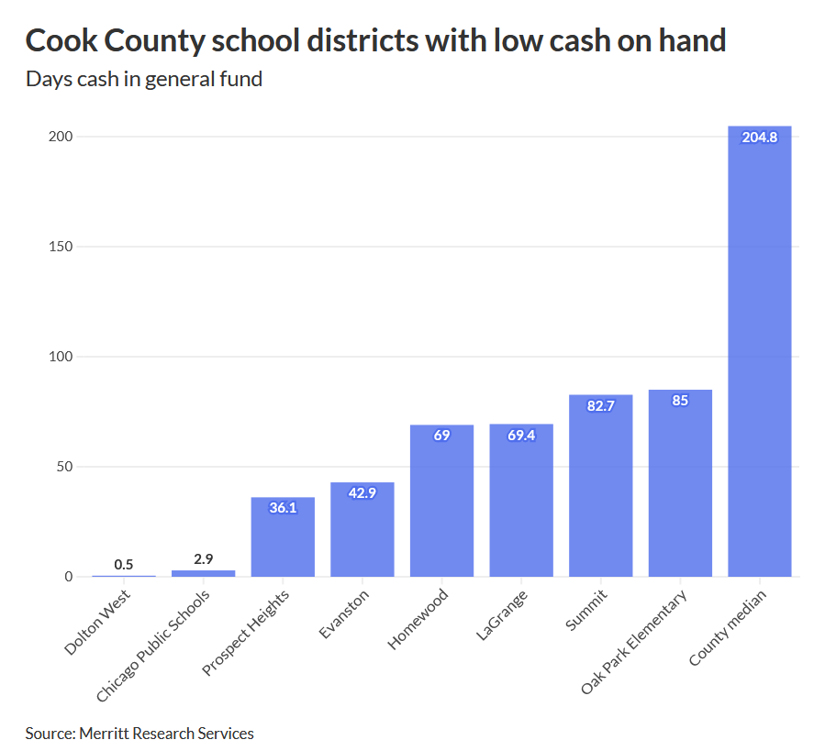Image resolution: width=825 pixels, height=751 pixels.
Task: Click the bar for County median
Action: pos(759,358)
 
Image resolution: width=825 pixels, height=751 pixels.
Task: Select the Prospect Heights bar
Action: pos(283,541)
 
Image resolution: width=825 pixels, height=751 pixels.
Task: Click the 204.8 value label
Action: pos(759,138)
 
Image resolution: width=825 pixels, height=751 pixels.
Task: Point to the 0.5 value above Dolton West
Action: pos(124,565)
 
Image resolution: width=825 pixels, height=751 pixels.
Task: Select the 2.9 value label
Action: pos(203,558)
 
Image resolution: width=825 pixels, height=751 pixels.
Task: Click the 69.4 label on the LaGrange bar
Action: pos(521,436)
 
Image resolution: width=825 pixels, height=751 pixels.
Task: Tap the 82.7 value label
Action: pos(600,406)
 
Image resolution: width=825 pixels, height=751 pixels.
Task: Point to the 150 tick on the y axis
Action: pos(61,247)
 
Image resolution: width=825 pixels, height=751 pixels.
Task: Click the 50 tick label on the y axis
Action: pos(64,467)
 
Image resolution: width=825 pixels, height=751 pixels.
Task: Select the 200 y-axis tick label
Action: pos(61,137)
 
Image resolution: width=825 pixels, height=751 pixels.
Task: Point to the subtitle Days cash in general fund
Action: pos(144,79)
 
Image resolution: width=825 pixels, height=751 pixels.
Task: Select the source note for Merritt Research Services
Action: pos(139,733)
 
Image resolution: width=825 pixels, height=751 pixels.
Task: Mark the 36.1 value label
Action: pos(283,507)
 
